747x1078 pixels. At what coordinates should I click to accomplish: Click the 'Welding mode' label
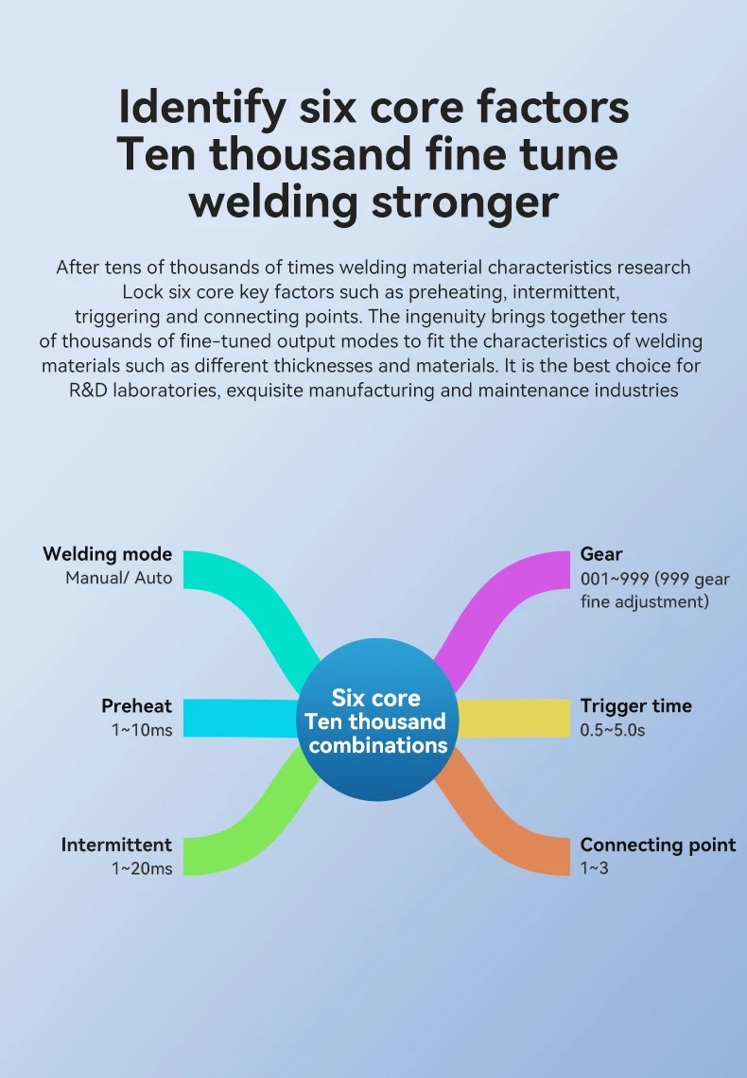tap(107, 554)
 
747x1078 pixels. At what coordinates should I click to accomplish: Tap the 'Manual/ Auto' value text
tap(118, 577)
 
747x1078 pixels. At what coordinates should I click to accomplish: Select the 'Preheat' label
tap(136, 705)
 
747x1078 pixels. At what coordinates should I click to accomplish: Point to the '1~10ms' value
tap(142, 729)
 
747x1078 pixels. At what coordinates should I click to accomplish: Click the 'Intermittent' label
tap(116, 844)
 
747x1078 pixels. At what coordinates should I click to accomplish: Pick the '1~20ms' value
tap(142, 868)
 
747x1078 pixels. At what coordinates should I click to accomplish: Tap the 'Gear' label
tap(601, 554)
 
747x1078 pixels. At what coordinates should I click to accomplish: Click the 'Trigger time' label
tap(635, 705)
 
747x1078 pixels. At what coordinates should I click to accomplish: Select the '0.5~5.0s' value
tap(612, 729)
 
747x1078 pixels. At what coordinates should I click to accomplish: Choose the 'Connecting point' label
tap(657, 844)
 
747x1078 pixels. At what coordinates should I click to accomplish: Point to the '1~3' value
tap(594, 868)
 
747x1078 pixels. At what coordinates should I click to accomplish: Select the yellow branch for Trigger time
tap(515, 719)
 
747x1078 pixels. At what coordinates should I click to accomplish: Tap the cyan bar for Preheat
tap(236, 718)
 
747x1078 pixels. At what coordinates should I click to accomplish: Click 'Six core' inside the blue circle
tap(375, 699)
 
